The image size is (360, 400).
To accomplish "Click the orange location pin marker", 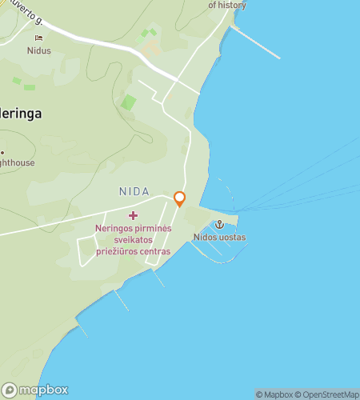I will (179, 199).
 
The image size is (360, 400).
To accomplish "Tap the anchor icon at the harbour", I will (218, 225).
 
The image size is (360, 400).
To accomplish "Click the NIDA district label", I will (134, 191).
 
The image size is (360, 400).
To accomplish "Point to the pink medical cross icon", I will (133, 215).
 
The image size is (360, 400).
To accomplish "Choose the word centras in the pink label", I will (154, 251).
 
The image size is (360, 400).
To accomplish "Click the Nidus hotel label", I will (38, 50).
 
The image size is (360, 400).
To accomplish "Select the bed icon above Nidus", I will (38, 38).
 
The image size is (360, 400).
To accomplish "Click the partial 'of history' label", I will (227, 5).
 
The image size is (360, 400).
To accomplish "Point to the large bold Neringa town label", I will (21, 114).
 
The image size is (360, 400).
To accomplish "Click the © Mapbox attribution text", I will (274, 394).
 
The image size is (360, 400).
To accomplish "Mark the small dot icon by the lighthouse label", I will (2, 152).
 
